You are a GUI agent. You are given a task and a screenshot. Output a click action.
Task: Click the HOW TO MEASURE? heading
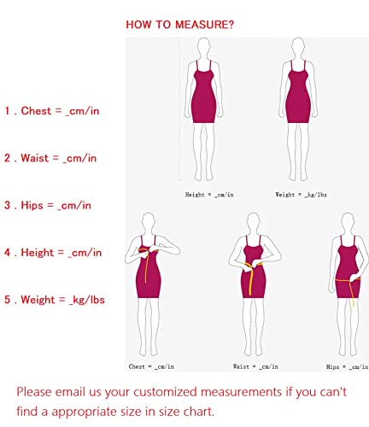tap(179, 24)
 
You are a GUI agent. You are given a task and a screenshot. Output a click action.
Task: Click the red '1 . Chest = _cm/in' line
tap(50, 111)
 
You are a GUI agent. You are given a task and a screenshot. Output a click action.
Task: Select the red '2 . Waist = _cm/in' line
tap(50, 158)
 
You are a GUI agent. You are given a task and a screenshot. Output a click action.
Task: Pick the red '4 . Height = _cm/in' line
tap(52, 253)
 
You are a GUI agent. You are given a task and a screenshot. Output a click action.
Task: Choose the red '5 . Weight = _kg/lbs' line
tap(55, 300)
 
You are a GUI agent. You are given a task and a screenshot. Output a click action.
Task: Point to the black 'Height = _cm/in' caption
tap(208, 195)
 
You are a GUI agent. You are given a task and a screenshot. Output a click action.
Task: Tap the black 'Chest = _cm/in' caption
tap(152, 366)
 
